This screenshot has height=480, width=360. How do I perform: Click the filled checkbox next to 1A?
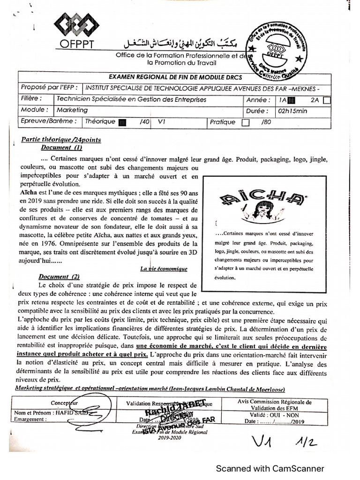pyautogui.click(x=292, y=100)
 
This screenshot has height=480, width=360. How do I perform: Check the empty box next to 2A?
pyautogui.click(x=327, y=100)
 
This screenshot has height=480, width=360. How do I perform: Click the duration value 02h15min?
pyautogui.click(x=292, y=111)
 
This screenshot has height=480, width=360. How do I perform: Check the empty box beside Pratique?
pyautogui.click(x=245, y=123)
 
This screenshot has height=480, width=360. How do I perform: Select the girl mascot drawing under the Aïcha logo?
pyautogui.click(x=262, y=211)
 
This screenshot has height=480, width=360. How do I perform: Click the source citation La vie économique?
pyautogui.click(x=164, y=269)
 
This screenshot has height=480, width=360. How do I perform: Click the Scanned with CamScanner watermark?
pyautogui.click(x=270, y=468)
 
